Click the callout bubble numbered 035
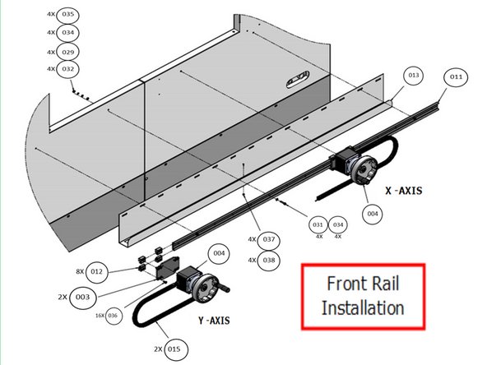67,15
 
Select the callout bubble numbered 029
67,51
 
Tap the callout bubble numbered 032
67,68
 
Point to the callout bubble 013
413,75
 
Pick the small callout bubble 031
318,224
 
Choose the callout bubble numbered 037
269,239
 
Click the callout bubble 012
97,270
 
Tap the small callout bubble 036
113,315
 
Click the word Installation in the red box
363,308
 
